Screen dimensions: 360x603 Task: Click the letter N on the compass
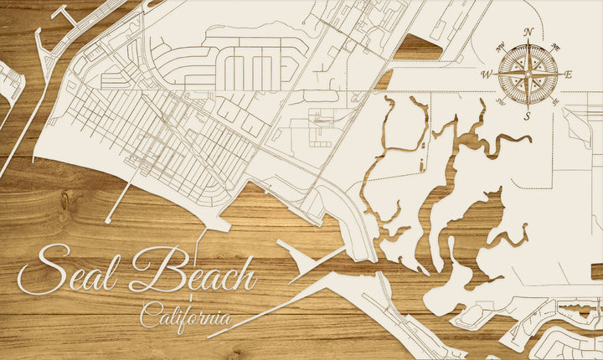pos(528,33)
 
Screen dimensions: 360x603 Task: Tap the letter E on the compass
pos(568,75)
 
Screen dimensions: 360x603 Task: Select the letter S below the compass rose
pos(528,116)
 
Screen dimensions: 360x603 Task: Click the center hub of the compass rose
pos(528,75)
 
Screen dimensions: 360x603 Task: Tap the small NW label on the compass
pos(500,46)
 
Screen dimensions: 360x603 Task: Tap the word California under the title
pos(186,317)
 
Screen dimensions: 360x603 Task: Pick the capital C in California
pos(148,316)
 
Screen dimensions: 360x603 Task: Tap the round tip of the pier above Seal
pos(108,221)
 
